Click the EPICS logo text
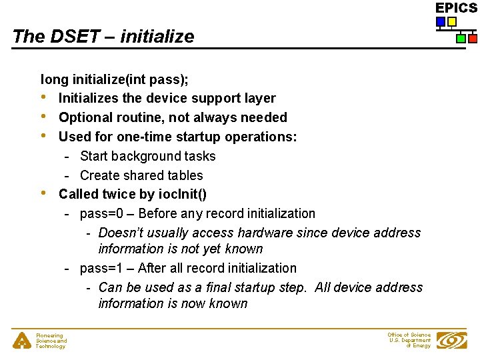pos(456,8)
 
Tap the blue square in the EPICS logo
pos(440,22)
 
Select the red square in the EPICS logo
pos(473,39)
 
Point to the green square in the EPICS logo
pos(461,39)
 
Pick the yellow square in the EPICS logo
pos(452,22)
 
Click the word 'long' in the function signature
pos(54,79)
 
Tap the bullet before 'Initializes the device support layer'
pos(44,98)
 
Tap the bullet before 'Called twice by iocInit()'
pos(44,193)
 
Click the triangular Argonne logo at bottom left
pos(21,341)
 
